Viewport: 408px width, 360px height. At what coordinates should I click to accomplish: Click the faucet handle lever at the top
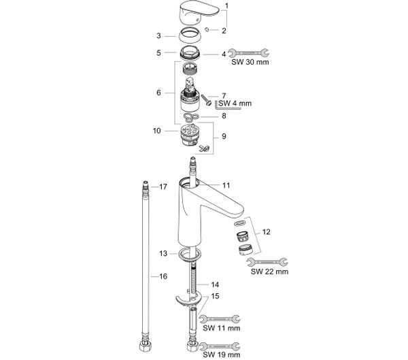click(199, 13)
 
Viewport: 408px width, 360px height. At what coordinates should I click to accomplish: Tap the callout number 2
click(224, 31)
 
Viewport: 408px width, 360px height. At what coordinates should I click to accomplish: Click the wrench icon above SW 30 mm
click(248, 53)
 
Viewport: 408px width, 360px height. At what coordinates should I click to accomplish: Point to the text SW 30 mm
click(250, 62)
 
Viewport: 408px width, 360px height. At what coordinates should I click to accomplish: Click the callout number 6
click(158, 93)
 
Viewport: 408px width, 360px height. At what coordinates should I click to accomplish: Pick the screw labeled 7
click(206, 100)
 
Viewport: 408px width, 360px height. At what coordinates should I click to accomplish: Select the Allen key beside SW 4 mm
click(228, 105)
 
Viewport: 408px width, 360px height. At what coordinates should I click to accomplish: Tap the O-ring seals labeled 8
click(190, 117)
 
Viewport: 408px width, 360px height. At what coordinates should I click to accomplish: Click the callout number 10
click(156, 131)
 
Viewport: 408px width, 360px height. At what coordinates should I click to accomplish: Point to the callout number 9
click(224, 137)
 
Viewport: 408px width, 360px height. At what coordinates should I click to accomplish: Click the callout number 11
click(226, 186)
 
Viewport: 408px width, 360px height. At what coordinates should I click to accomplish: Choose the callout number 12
click(266, 232)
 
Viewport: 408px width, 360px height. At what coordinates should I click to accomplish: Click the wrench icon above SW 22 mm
click(267, 262)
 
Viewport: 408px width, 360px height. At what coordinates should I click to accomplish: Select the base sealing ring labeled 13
click(190, 255)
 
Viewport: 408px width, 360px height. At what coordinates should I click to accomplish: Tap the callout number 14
click(215, 284)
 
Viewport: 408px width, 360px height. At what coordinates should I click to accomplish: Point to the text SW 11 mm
click(222, 328)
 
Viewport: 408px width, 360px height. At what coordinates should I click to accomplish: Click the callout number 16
click(163, 276)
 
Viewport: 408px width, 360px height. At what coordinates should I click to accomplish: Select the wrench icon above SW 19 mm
click(220, 346)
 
